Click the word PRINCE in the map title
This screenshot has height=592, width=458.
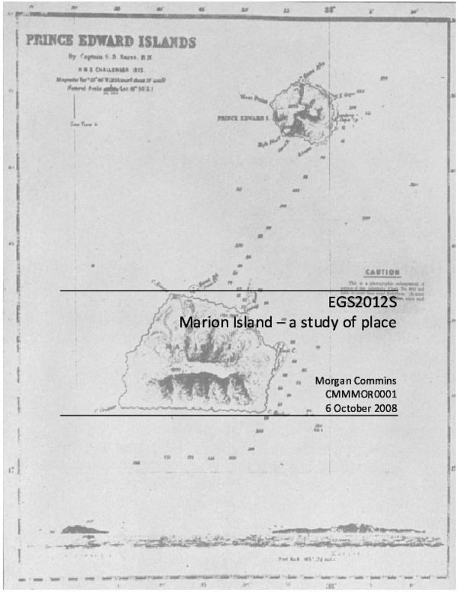click(51, 42)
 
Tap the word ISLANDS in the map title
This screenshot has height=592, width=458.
click(169, 42)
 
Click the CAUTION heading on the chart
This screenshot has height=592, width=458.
click(382, 272)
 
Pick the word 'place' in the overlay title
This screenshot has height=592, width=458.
click(377, 323)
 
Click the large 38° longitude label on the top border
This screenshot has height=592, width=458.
click(330, 10)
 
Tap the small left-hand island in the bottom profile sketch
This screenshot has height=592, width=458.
click(85, 528)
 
